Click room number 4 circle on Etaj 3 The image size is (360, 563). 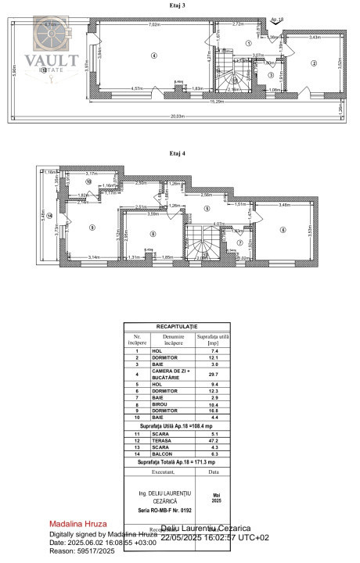(155, 56)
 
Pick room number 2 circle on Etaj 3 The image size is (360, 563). (313, 63)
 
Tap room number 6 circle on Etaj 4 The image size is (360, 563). (283, 229)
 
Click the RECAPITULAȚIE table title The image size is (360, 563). (177, 326)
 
